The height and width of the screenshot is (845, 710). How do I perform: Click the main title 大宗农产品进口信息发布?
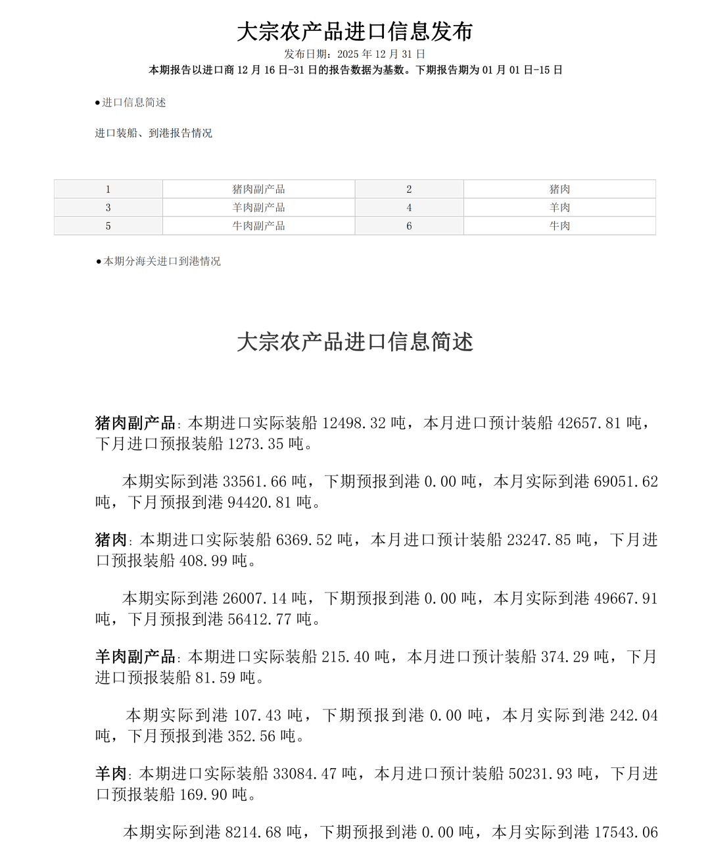pos(354,32)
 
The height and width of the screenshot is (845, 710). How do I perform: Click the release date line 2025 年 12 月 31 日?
pos(354,54)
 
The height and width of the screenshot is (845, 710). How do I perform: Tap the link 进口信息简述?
pos(133,103)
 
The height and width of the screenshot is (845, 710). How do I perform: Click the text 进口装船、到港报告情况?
pos(153,133)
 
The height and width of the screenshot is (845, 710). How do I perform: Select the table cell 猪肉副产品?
pos(258,189)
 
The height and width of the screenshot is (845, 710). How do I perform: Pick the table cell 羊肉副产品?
pos(258,208)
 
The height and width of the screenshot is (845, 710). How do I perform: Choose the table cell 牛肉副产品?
pos(258,226)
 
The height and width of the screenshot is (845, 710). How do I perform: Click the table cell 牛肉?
pos(559,226)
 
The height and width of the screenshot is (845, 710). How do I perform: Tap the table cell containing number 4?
pos(409,208)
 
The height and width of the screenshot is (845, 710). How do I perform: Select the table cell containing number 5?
pos(108,226)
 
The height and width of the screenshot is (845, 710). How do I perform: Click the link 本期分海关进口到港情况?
pos(162,262)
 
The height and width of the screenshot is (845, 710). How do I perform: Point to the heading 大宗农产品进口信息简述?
pos(354,342)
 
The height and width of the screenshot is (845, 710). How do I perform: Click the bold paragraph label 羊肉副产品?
pos(135,657)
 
